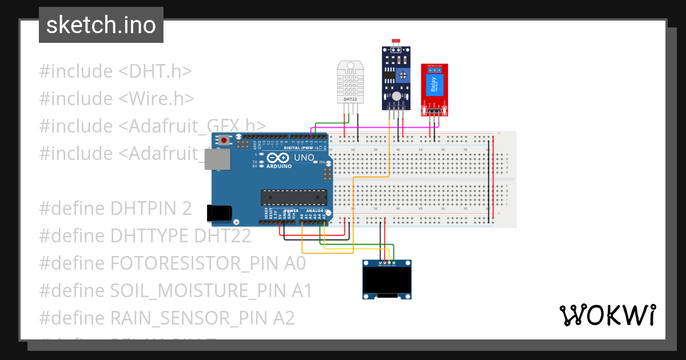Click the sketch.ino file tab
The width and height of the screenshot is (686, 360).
coord(101,25)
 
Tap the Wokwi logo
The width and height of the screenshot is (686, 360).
coord(607,315)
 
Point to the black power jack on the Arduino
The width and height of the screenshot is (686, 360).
coord(220,213)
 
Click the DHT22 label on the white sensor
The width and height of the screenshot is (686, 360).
coord(350,99)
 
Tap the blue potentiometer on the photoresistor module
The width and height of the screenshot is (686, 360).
coord(404,75)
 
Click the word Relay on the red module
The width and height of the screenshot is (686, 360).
coord(433,85)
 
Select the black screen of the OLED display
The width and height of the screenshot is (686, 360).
coord(387,281)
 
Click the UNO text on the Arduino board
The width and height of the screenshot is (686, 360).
coord(304,157)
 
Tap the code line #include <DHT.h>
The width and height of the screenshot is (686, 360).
coord(115,71)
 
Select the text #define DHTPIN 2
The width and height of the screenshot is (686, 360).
coord(115,209)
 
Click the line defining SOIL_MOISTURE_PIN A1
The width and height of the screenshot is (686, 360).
coord(176,291)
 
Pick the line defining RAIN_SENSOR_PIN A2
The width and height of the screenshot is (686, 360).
coord(166,318)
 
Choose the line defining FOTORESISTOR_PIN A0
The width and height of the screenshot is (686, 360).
coord(172,263)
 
